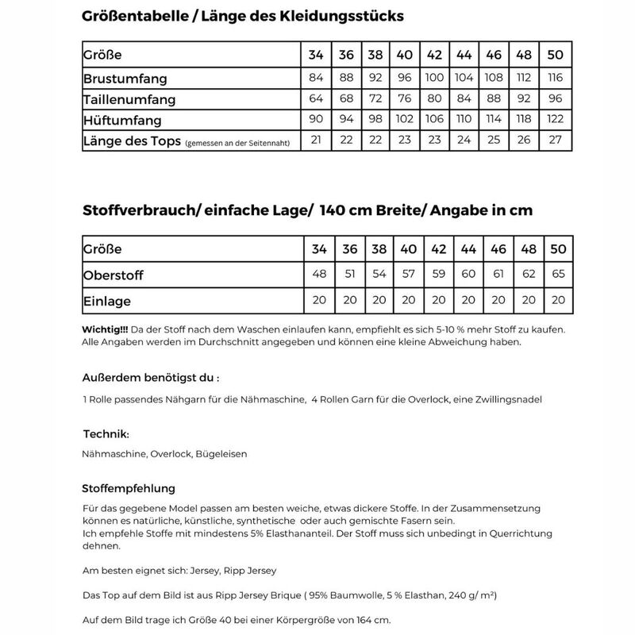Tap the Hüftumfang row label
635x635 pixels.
click(x=123, y=121)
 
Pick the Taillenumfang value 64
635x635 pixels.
click(x=316, y=100)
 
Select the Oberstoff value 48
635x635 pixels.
click(x=319, y=275)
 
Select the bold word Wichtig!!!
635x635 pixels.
click(x=106, y=329)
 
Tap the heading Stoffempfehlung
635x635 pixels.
click(x=129, y=488)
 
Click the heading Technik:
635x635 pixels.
click(x=106, y=434)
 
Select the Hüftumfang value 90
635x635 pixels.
click(x=316, y=121)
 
